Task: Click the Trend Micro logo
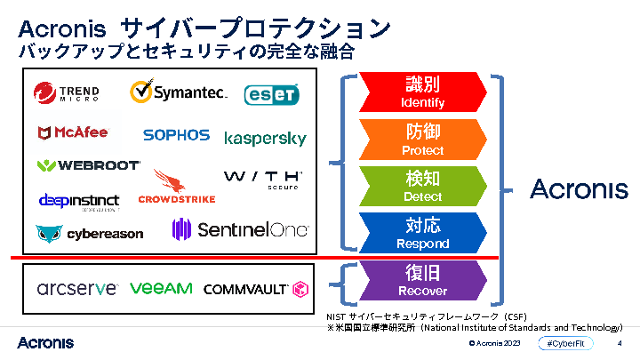tap(67, 92)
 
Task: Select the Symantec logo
tap(178, 92)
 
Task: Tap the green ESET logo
tap(271, 94)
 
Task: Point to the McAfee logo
tap(73, 132)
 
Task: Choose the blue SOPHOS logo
tap(176, 135)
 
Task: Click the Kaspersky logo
tap(265, 139)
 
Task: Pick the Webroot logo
tap(88, 165)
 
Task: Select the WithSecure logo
tap(263, 180)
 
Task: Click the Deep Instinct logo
tap(79, 201)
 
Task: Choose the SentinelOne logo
tap(240, 230)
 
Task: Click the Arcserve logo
tap(77, 288)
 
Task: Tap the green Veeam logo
tap(160, 288)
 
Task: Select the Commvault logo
tap(255, 289)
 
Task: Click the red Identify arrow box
tap(422, 92)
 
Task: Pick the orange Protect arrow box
tap(422, 139)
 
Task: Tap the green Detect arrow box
tap(422, 186)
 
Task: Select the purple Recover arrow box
tap(422, 279)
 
